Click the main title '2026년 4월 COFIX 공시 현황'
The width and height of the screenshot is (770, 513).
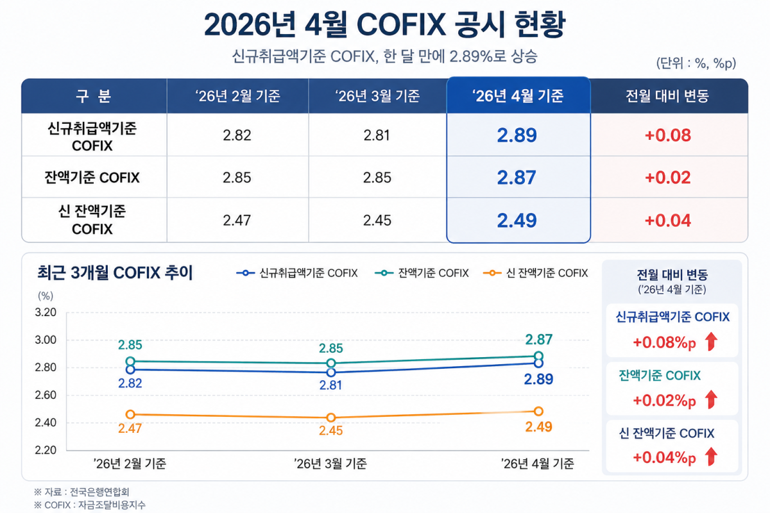(384, 25)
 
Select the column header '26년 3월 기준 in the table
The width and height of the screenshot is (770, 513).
(377, 96)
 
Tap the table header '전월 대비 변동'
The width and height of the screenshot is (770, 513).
(667, 96)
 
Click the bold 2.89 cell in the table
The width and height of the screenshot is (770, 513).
(517, 135)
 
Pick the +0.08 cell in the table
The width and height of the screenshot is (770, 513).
(667, 135)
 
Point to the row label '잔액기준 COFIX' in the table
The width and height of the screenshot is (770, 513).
(92, 177)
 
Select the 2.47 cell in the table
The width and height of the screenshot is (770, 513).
(237, 220)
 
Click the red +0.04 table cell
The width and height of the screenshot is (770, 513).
(667, 220)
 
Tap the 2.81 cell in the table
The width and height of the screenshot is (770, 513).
(377, 135)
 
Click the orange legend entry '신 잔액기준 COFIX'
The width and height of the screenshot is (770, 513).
(536, 273)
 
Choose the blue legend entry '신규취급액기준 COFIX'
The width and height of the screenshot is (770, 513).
(297, 273)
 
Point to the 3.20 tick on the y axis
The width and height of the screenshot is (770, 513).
(46, 312)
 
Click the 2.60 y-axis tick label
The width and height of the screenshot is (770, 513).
(46, 395)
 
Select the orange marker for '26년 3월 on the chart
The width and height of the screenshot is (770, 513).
(330, 417)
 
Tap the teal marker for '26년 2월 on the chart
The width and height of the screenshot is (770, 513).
(130, 361)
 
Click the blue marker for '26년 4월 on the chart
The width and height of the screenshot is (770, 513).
(538, 363)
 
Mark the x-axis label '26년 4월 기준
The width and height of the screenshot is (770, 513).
(537, 464)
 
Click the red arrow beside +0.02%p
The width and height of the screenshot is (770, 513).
(711, 399)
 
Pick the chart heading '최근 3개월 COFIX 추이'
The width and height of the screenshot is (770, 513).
(115, 273)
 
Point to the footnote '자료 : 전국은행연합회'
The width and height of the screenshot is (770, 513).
(87, 492)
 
